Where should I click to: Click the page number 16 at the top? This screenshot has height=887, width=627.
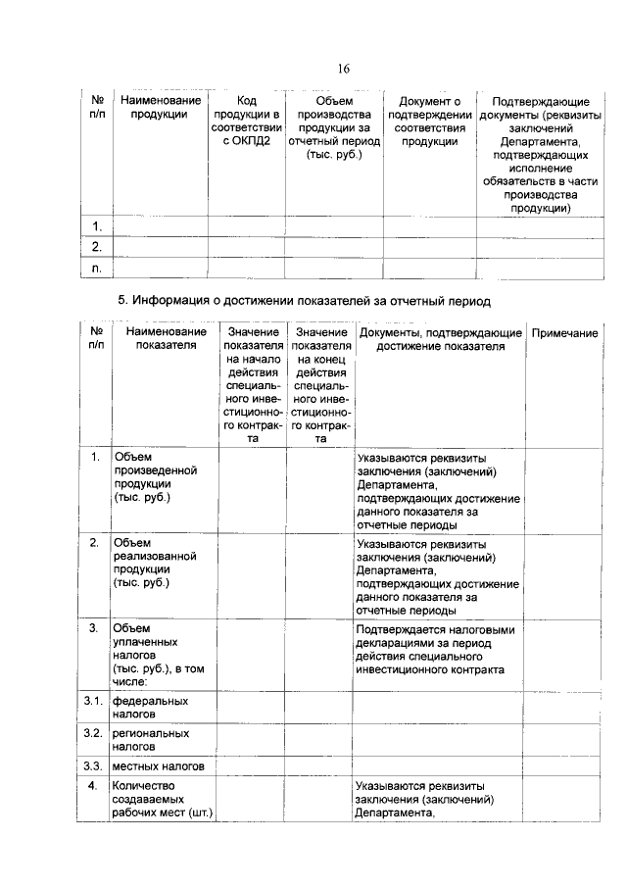(x=344, y=68)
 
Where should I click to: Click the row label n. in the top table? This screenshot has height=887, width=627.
(x=97, y=267)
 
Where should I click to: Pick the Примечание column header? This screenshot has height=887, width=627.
(x=564, y=334)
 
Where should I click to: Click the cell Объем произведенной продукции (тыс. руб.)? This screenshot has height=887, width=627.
(x=147, y=477)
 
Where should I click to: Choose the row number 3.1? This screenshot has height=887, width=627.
(x=92, y=701)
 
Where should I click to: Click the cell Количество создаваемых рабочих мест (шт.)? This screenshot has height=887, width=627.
(x=162, y=799)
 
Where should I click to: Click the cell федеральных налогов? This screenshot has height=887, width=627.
(x=149, y=708)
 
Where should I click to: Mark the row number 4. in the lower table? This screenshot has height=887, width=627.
(x=92, y=786)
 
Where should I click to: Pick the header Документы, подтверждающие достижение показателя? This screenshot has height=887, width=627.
(x=440, y=339)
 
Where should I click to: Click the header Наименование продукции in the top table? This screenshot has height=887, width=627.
(x=160, y=107)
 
